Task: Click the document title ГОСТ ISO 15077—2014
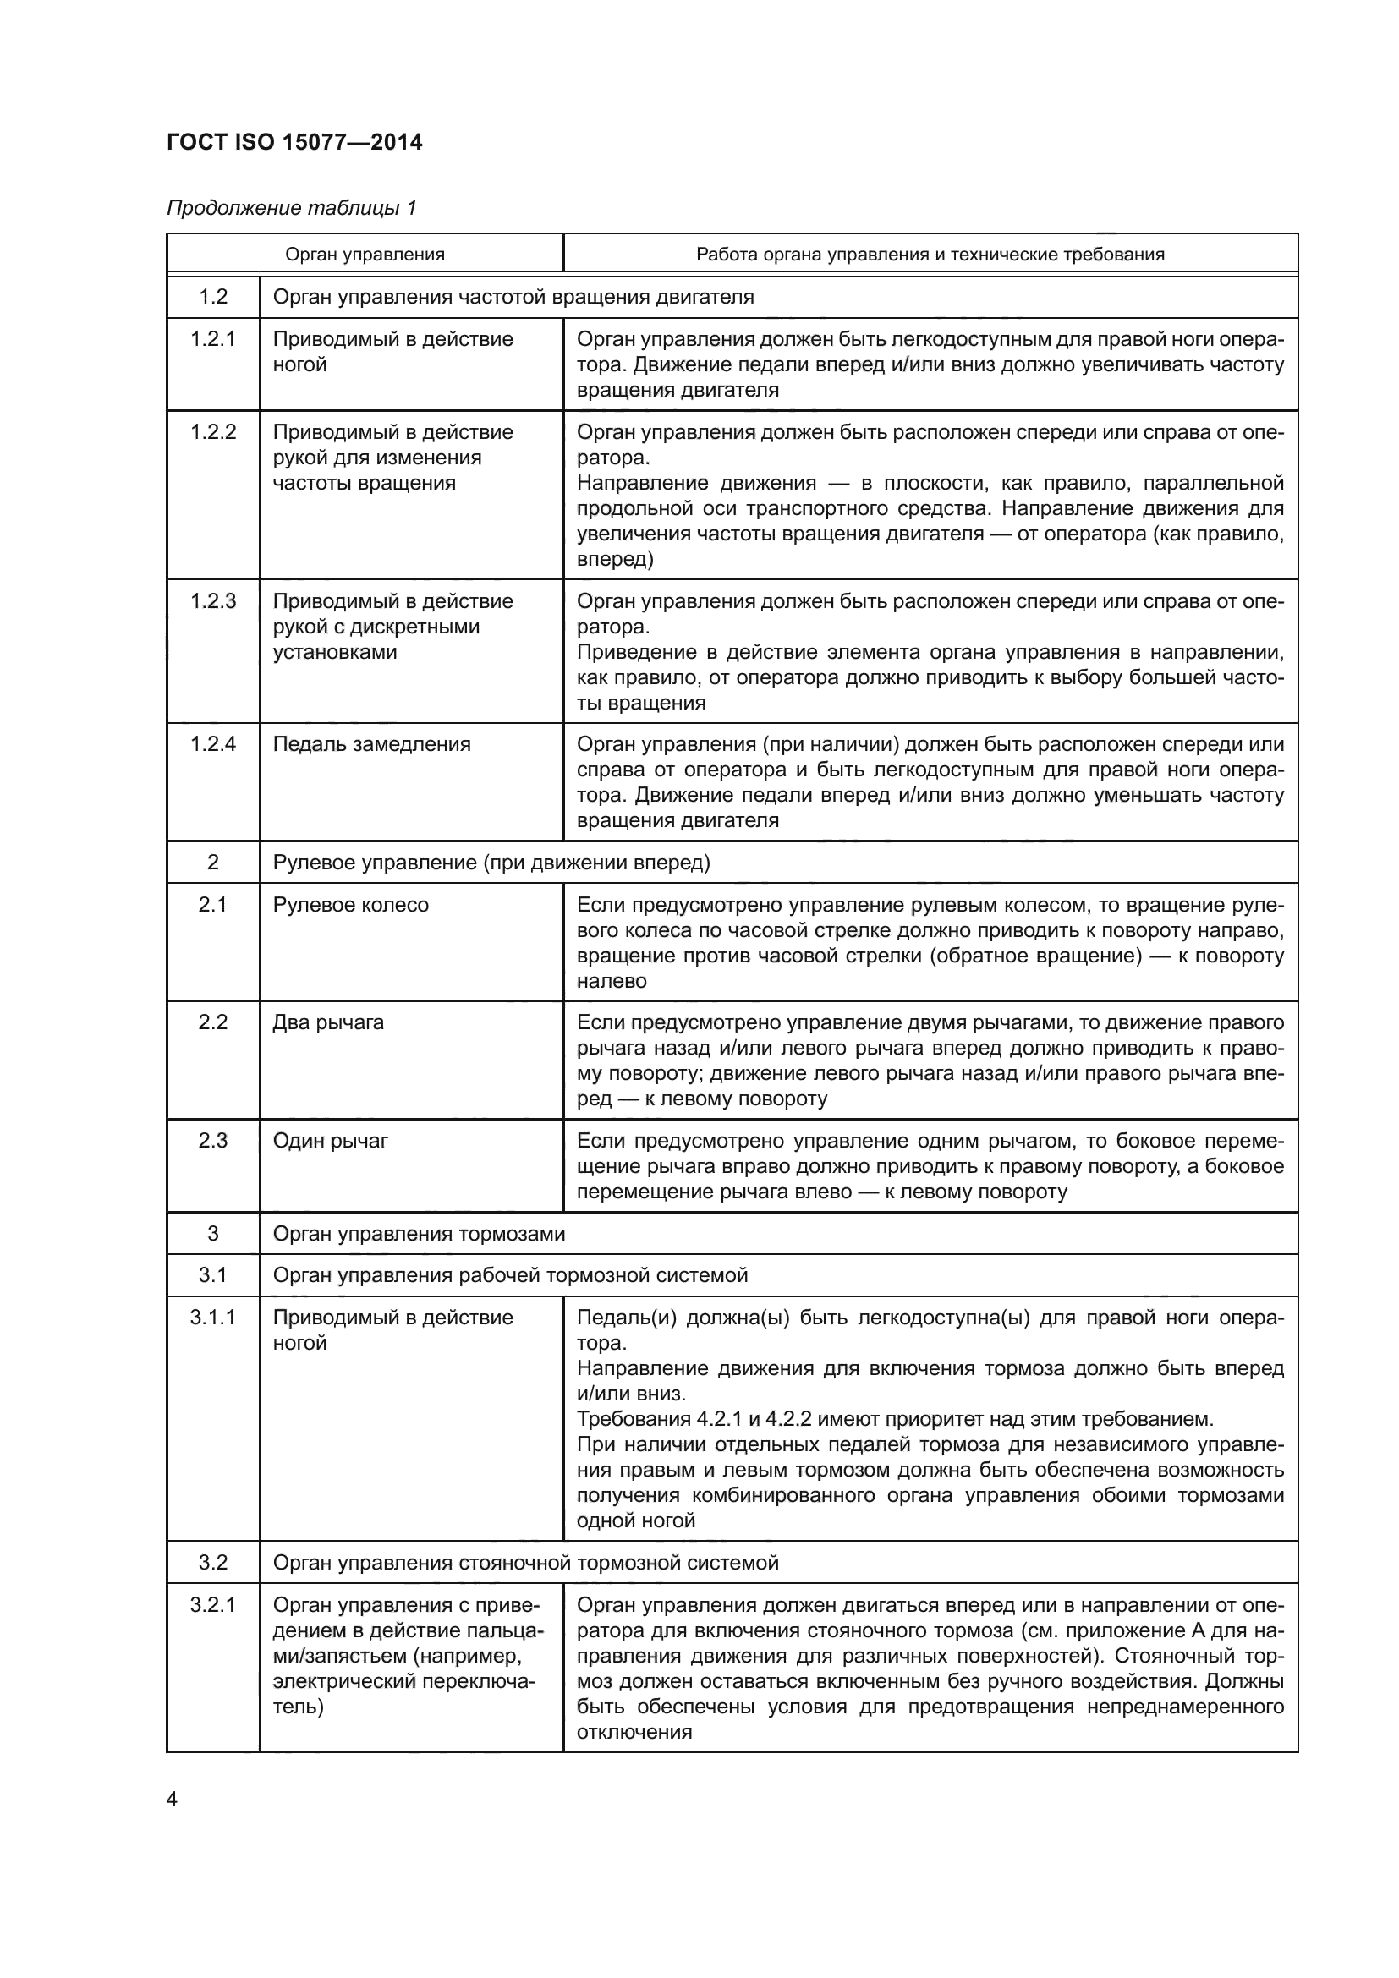(294, 142)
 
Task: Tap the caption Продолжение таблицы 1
(291, 208)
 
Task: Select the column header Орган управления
(365, 255)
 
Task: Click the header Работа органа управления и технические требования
(930, 255)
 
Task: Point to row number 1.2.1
(213, 338)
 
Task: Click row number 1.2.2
(213, 431)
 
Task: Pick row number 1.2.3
(213, 601)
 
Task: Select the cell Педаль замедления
(371, 744)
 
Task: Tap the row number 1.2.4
(213, 744)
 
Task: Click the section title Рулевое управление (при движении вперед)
(491, 863)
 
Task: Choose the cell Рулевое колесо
(351, 905)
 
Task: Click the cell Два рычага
(328, 1022)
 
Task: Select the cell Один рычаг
(331, 1141)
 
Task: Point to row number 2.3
(213, 1141)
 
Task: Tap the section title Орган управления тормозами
(419, 1234)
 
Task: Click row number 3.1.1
(213, 1318)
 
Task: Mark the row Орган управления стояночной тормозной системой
(525, 1563)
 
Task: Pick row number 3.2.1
(213, 1605)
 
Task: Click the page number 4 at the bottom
(172, 1800)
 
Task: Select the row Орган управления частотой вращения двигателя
(513, 297)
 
